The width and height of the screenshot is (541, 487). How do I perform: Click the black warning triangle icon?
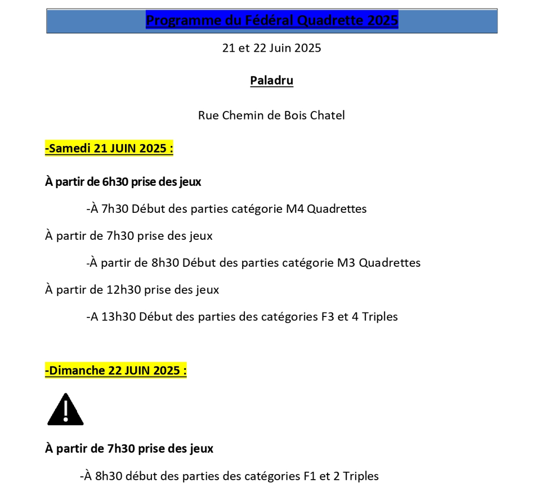65,410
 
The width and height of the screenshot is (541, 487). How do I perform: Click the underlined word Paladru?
271,81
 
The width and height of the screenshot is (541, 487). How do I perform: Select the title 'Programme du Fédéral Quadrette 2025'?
272,21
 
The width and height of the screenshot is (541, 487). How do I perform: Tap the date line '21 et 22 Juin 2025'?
271,48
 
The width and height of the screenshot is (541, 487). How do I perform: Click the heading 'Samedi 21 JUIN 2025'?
109,149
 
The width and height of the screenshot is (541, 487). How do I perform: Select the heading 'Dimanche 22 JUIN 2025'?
116,370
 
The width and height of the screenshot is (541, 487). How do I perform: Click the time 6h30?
115,182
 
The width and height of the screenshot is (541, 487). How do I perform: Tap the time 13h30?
118,316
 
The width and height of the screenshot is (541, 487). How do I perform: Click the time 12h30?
123,290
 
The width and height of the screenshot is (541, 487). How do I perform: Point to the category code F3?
327,316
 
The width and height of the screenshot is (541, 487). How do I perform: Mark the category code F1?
309,476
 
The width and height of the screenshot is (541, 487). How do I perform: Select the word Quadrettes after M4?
337,209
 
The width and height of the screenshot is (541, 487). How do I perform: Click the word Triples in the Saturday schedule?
380,316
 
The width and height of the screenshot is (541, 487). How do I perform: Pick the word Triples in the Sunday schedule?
361,476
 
